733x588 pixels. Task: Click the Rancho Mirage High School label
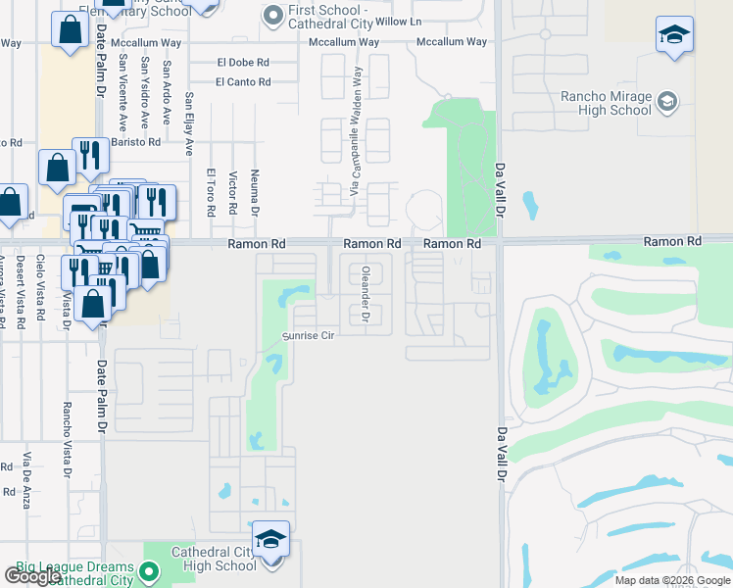(605, 103)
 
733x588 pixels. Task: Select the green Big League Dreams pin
(149, 569)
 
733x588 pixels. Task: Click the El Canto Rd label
(243, 82)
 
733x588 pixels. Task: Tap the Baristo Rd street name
(135, 142)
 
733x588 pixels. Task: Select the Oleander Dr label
(365, 295)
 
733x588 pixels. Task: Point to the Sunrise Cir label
(310, 335)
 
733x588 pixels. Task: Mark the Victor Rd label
(232, 194)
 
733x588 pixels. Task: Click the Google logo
(33, 576)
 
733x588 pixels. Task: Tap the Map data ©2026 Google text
(671, 580)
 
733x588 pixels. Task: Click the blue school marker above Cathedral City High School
(271, 538)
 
